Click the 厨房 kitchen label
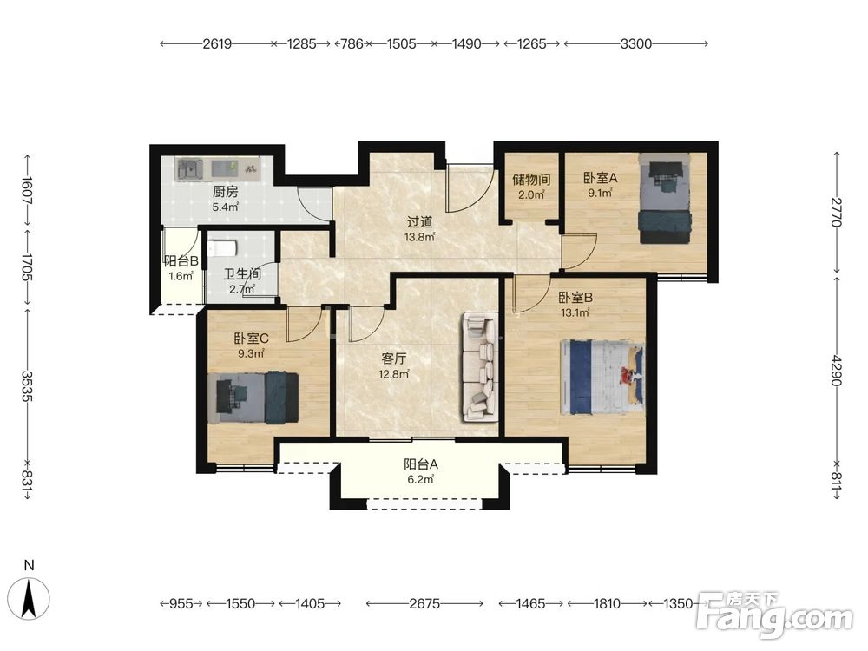[x=226, y=192]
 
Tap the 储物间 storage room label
[x=531, y=180]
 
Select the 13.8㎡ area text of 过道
[x=419, y=238]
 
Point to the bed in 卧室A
[x=665, y=198]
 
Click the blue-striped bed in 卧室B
[x=602, y=377]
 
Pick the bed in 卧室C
[x=253, y=398]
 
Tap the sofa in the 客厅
[x=480, y=367]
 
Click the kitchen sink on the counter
[x=189, y=168]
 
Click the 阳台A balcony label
[x=421, y=464]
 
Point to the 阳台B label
[x=181, y=261]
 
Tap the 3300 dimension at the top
[x=635, y=43]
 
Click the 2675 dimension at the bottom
[x=424, y=603]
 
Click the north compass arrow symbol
[x=30, y=598]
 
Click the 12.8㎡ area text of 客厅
[x=393, y=374]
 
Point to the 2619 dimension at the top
[x=217, y=43]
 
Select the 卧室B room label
[x=575, y=298]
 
